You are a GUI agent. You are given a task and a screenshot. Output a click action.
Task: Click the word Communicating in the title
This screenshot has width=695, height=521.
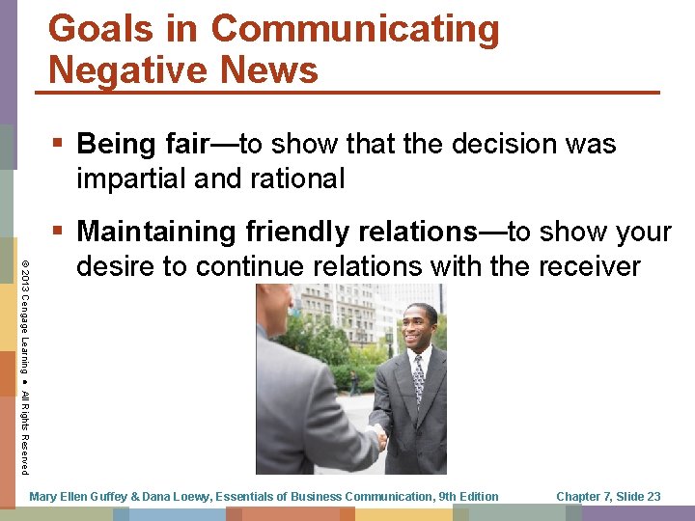tap(354, 29)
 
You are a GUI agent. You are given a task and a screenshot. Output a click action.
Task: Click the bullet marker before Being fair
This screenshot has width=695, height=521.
tap(60, 145)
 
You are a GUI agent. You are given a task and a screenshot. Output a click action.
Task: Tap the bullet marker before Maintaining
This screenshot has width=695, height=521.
tap(60, 232)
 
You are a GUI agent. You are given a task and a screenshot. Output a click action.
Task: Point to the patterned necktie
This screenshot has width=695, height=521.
tap(418, 378)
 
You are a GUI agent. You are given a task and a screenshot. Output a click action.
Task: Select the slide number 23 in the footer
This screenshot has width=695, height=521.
tap(653, 497)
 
